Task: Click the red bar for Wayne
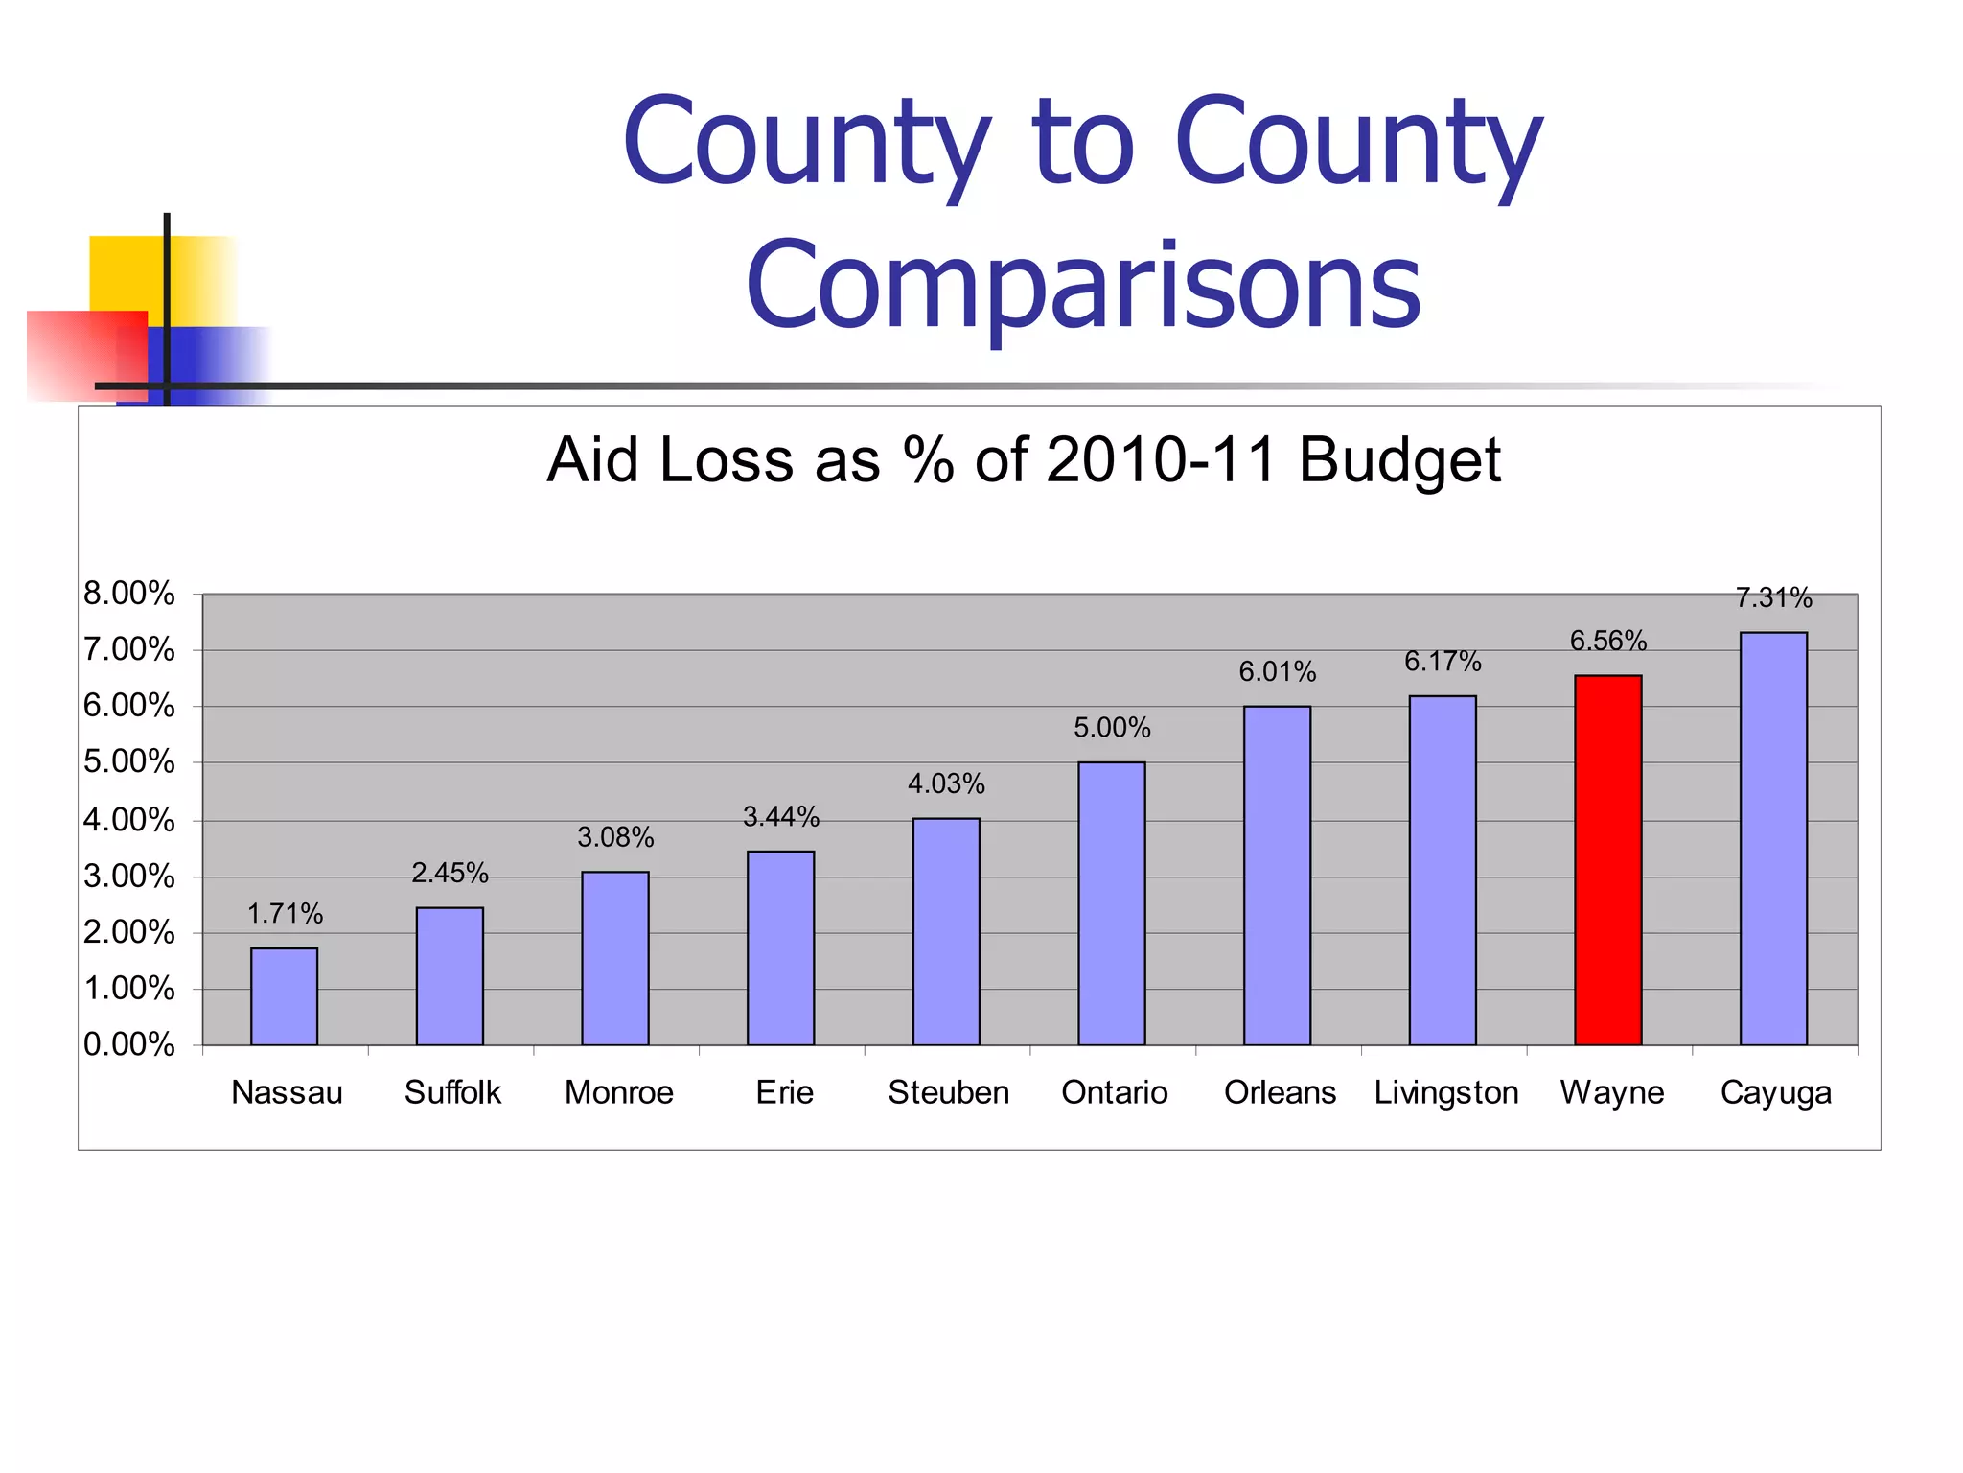pyautogui.click(x=1607, y=860)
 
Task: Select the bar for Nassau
pyautogui.click(x=284, y=996)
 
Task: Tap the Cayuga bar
pyautogui.click(x=1773, y=838)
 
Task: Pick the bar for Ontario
pyautogui.click(x=1111, y=903)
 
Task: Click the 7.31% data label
pyautogui.click(x=1773, y=598)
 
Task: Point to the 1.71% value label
pyautogui.click(x=285, y=914)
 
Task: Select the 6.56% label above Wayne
pyautogui.click(x=1607, y=641)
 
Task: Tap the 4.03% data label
pyautogui.click(x=946, y=784)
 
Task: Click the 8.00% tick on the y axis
pyautogui.click(x=129, y=594)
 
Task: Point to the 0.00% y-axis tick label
pyautogui.click(x=129, y=1044)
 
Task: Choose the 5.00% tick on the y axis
pyautogui.click(x=129, y=762)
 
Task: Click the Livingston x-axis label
pyautogui.click(x=1445, y=1092)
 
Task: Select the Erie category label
pyautogui.click(x=784, y=1092)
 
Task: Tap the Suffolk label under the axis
pyautogui.click(x=452, y=1092)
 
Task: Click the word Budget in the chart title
pyautogui.click(x=1399, y=460)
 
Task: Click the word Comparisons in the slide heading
pyautogui.click(x=1083, y=285)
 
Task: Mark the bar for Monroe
pyautogui.click(x=615, y=958)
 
